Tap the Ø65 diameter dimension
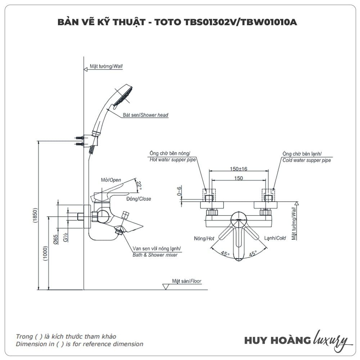click(56, 239)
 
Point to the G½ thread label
click(66, 238)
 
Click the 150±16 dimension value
click(239, 169)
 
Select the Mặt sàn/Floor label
click(186, 281)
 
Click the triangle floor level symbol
click(166, 287)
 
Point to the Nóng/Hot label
click(204, 238)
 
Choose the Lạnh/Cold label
click(275, 238)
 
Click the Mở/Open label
click(111, 180)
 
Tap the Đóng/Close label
click(139, 199)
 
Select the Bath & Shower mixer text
click(155, 255)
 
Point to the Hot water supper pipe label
click(172, 160)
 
